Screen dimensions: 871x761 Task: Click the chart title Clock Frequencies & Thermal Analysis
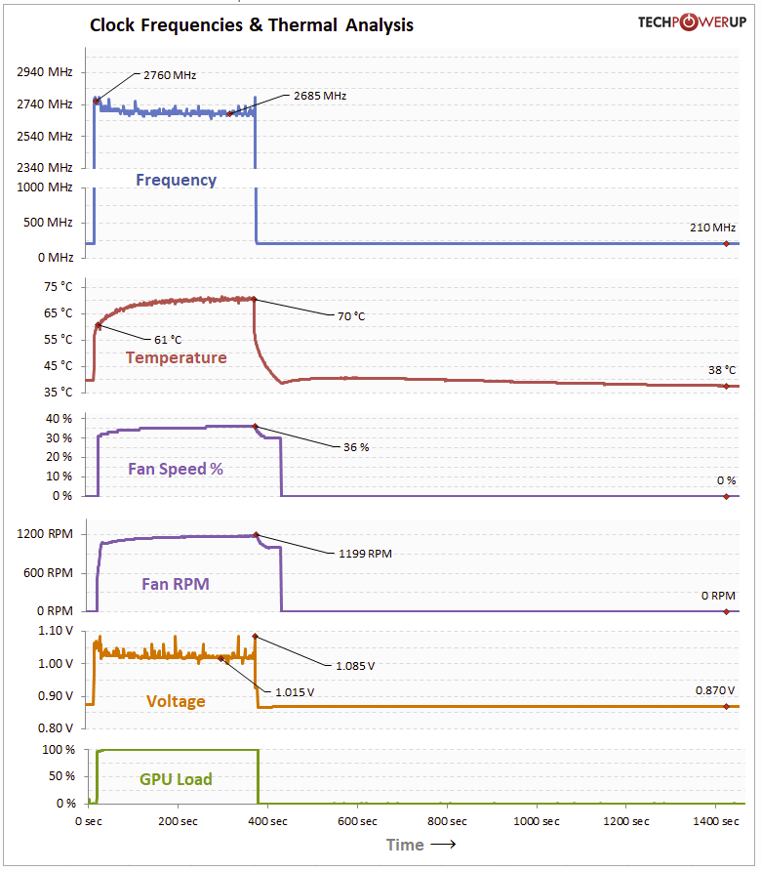click(252, 25)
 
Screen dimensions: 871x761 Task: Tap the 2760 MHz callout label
click(170, 73)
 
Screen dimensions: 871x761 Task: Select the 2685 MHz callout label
click(319, 96)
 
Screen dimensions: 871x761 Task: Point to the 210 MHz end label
click(712, 228)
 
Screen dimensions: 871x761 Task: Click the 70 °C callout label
click(351, 316)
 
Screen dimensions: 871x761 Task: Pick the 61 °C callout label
click(168, 340)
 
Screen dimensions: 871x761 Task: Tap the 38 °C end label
click(722, 370)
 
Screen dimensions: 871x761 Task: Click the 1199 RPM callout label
click(365, 554)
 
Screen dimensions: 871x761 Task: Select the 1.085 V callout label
click(355, 666)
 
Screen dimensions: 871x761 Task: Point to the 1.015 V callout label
click(295, 691)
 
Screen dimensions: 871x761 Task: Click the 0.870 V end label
click(715, 690)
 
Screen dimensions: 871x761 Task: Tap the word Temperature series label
click(176, 357)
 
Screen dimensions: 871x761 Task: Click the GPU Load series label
click(176, 779)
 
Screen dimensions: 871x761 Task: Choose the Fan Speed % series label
click(176, 469)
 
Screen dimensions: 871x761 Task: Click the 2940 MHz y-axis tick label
click(45, 71)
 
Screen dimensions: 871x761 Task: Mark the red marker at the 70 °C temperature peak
click(254, 299)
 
